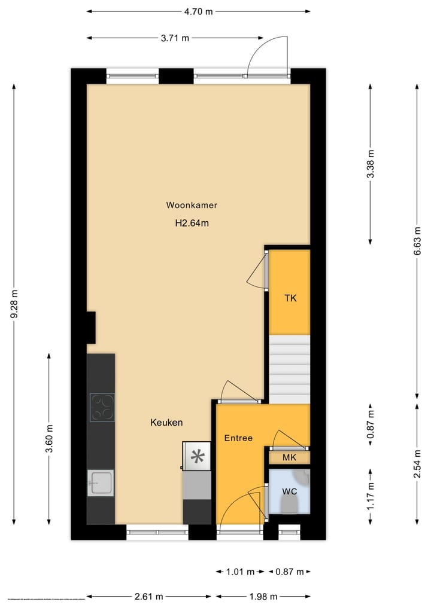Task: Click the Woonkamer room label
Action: pyautogui.click(x=192, y=205)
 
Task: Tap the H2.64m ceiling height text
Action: pyautogui.click(x=192, y=224)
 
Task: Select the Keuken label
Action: pyautogui.click(x=166, y=423)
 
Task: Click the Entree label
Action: pyautogui.click(x=238, y=438)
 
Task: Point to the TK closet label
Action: pyautogui.click(x=290, y=298)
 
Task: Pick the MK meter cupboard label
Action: pyautogui.click(x=290, y=458)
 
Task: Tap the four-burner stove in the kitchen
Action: pyautogui.click(x=102, y=407)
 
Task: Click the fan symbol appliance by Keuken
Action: pyautogui.click(x=197, y=457)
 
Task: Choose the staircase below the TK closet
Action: pyautogui.click(x=290, y=369)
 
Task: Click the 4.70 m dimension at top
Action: pyautogui.click(x=199, y=11)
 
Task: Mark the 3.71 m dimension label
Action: pyautogui.click(x=175, y=38)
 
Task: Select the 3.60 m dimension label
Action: pyautogui.click(x=50, y=438)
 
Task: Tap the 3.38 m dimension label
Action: pyautogui.click(x=371, y=163)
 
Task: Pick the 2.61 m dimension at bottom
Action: pyautogui.click(x=148, y=596)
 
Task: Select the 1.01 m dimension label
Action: pyautogui.click(x=241, y=572)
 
